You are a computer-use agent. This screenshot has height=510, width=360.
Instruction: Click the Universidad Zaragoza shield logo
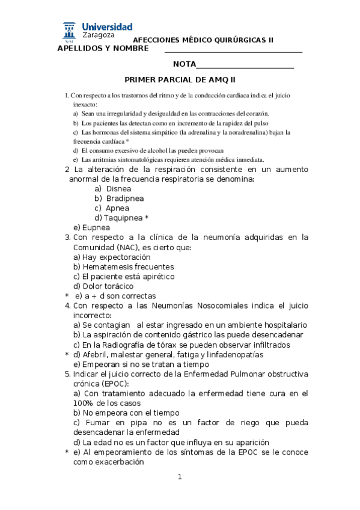click(69, 31)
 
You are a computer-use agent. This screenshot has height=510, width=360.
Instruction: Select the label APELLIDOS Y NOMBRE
click(102, 48)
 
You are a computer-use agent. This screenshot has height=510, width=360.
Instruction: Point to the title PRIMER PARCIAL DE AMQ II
click(180, 79)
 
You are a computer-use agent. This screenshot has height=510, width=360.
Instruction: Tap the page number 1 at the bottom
click(179, 477)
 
